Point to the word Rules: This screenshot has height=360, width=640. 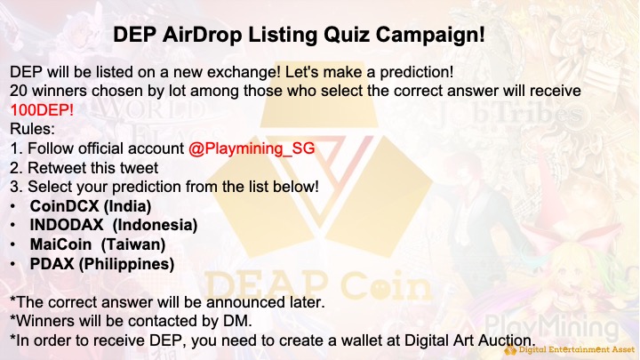[x=32, y=129]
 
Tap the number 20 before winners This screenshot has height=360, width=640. [x=19, y=90]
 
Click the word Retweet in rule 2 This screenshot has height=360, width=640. [x=59, y=168]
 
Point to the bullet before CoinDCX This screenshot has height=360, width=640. [x=12, y=205]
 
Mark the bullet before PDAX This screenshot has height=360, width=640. [x=12, y=264]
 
